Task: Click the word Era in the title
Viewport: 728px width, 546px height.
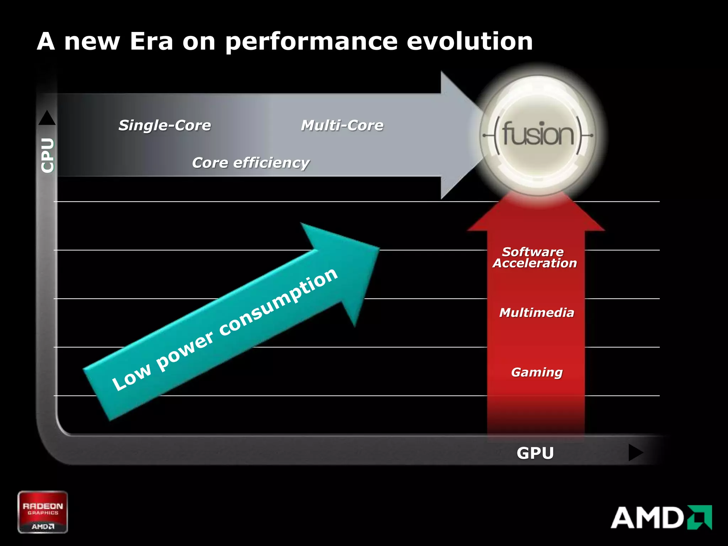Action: [151, 41]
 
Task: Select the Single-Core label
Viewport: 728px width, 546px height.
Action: [165, 125]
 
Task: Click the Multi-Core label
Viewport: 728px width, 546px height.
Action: [342, 125]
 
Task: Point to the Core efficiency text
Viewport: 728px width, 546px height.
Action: [251, 163]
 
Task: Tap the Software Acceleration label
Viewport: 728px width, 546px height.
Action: [534, 257]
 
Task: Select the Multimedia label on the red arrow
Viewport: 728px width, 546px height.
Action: [536, 313]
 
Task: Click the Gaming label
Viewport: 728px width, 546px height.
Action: [537, 372]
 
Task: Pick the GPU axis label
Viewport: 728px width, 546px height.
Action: [535, 453]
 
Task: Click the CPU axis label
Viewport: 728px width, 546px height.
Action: [48, 155]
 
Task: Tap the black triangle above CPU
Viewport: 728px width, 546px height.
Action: [47, 118]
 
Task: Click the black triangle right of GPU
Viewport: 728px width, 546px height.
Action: [635, 453]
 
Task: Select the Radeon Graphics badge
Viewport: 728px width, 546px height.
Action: [43, 512]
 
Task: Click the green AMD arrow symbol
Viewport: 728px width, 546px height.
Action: [700, 517]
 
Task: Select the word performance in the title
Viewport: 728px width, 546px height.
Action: [311, 42]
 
